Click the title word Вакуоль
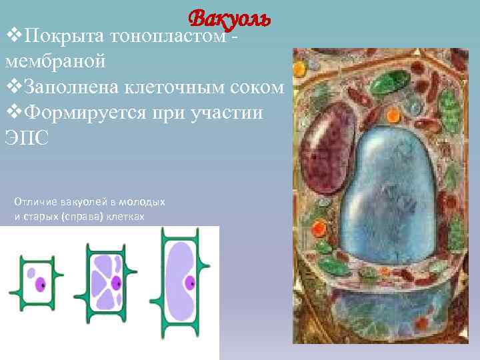(229, 19)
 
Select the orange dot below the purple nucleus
(319, 229)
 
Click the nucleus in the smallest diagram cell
(39, 284)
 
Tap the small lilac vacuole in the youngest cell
(30, 273)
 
